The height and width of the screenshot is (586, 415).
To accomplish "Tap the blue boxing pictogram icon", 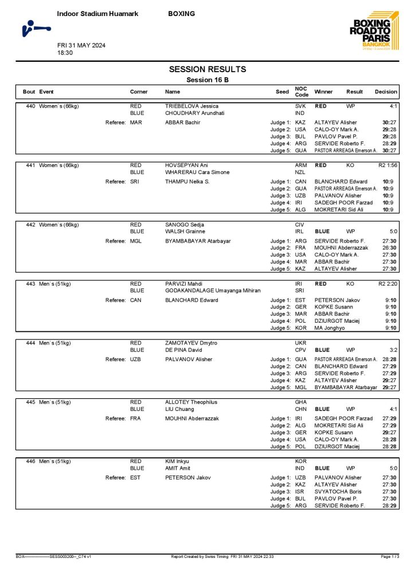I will tap(36, 27).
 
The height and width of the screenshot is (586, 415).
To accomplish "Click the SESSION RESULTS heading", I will tap(207, 69).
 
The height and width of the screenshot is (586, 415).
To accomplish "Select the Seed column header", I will tap(282, 92).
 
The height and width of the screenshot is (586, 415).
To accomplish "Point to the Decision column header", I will tap(386, 92).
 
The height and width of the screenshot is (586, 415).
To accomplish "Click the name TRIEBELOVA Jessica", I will tap(192, 106).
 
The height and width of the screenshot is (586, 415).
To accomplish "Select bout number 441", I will tap(31, 165).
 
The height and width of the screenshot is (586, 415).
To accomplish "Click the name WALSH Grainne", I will tap(186, 231).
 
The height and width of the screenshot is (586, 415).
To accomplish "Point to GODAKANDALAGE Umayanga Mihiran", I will tap(213, 291).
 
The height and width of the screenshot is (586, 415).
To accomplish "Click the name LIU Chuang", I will tap(179, 409).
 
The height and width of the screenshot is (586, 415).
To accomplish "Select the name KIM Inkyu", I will tap(177, 461).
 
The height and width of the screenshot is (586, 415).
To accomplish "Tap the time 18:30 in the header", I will tap(65, 53).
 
